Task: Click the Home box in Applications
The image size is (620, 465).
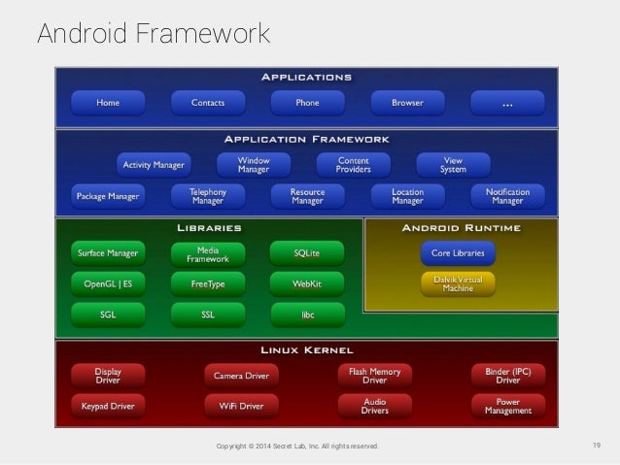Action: tap(108, 102)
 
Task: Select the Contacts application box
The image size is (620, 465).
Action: tap(208, 102)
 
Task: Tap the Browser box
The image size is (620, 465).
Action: tap(407, 102)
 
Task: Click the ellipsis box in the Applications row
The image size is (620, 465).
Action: tap(507, 102)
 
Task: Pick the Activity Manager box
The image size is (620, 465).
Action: tap(154, 165)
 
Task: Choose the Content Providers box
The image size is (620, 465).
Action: tap(353, 165)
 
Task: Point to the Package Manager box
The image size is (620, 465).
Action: tap(108, 197)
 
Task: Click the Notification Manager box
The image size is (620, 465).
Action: tap(507, 197)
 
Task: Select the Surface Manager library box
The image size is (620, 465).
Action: tap(108, 253)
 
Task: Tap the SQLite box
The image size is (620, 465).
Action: tap(307, 253)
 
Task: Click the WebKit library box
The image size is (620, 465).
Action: tap(307, 284)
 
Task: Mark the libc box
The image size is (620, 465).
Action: tap(307, 315)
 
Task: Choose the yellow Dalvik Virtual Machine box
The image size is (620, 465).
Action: tap(458, 283)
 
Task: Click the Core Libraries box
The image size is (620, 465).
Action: tap(458, 253)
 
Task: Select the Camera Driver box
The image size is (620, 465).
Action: tap(241, 375)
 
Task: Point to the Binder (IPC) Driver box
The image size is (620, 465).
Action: tap(507, 375)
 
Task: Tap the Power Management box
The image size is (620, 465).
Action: tap(507, 405)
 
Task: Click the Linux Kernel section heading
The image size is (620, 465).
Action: tap(307, 349)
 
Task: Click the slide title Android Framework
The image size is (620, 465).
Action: tap(154, 34)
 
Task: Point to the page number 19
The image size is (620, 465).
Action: tap(597, 446)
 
